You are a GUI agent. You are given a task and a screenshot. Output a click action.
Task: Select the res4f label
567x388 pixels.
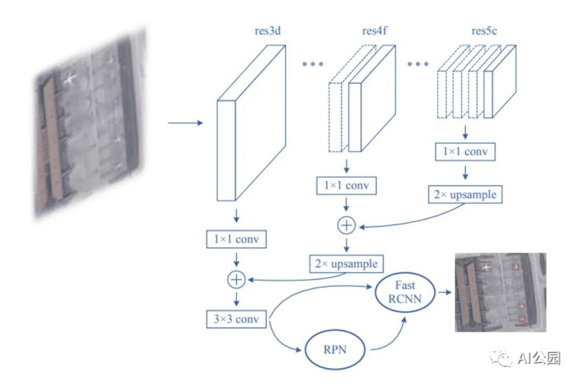pos(375,31)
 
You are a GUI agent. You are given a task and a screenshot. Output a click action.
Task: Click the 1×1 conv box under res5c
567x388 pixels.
pos(466,152)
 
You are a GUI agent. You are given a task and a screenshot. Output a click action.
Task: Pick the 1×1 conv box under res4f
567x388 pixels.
pos(346,186)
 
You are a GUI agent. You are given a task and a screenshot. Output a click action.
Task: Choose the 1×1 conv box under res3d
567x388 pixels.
pos(236,240)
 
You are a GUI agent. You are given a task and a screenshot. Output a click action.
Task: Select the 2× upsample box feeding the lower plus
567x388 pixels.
pos(346,263)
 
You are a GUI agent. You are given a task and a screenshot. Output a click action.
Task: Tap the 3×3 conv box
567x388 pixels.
pos(236,319)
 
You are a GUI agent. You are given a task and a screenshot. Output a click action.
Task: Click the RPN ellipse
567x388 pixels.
pos(334,349)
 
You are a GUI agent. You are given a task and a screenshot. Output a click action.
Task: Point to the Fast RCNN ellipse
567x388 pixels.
pos(405,293)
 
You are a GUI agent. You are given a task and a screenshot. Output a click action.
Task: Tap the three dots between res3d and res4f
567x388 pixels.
pos(314,64)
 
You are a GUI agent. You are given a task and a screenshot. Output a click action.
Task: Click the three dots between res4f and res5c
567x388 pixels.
pos(418,64)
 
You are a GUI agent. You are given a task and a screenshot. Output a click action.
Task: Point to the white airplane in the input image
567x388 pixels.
pos(70,80)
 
